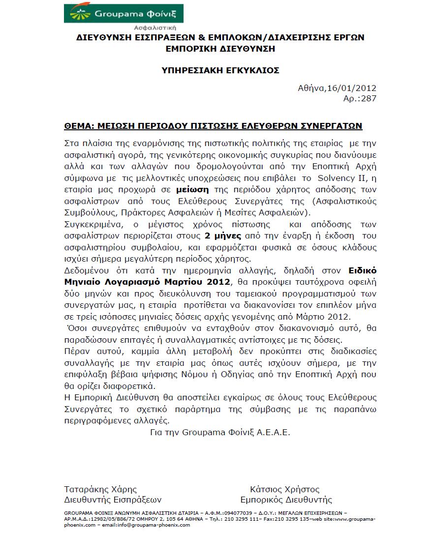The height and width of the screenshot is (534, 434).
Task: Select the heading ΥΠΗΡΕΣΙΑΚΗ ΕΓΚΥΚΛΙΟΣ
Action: pos(221,70)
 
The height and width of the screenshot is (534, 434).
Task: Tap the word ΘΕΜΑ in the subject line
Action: pos(79,126)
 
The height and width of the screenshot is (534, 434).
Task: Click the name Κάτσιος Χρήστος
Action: pos(284,489)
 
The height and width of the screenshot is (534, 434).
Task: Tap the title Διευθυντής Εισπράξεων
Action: pos(113,500)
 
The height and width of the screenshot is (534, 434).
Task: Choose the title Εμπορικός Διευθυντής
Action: pos(286,500)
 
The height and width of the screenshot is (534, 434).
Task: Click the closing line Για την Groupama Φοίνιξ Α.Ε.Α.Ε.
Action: pos(220,433)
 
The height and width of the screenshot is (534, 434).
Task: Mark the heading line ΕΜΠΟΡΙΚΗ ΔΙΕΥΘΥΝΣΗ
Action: pos(220,49)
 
